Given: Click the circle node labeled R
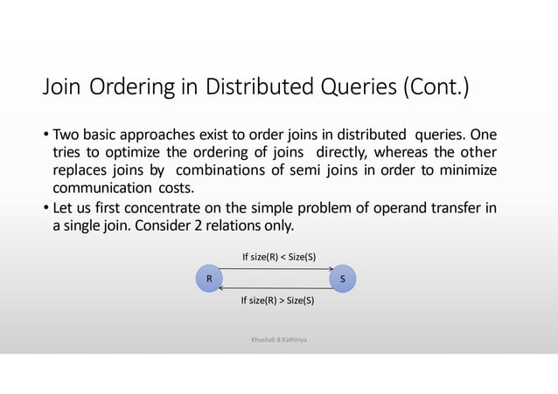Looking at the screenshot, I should tap(208, 280).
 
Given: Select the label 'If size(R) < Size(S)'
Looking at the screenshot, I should tap(279, 257).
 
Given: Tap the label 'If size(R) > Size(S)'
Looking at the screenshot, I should tap(278, 301).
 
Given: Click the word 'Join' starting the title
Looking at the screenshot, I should tap(62, 87).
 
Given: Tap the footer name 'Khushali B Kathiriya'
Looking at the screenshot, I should tap(279, 335).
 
